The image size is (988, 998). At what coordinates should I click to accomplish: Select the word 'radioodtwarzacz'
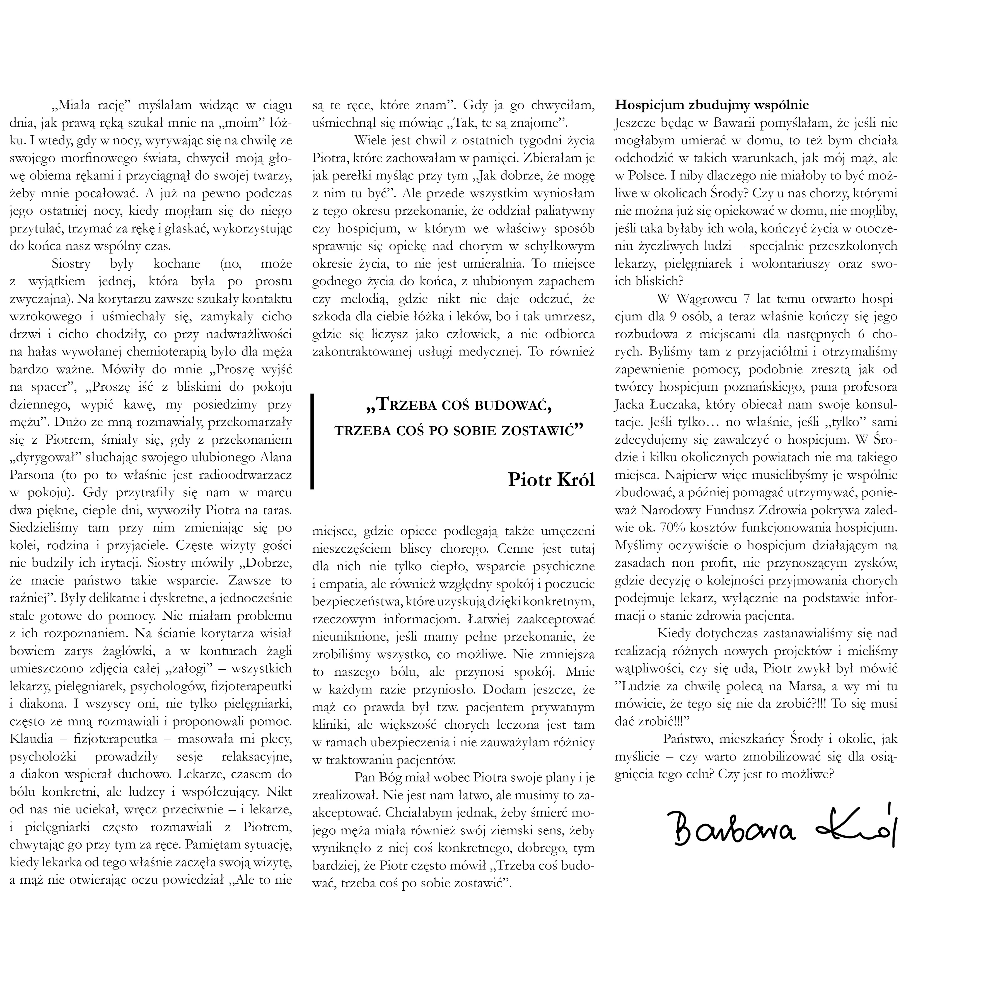pos(250,475)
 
